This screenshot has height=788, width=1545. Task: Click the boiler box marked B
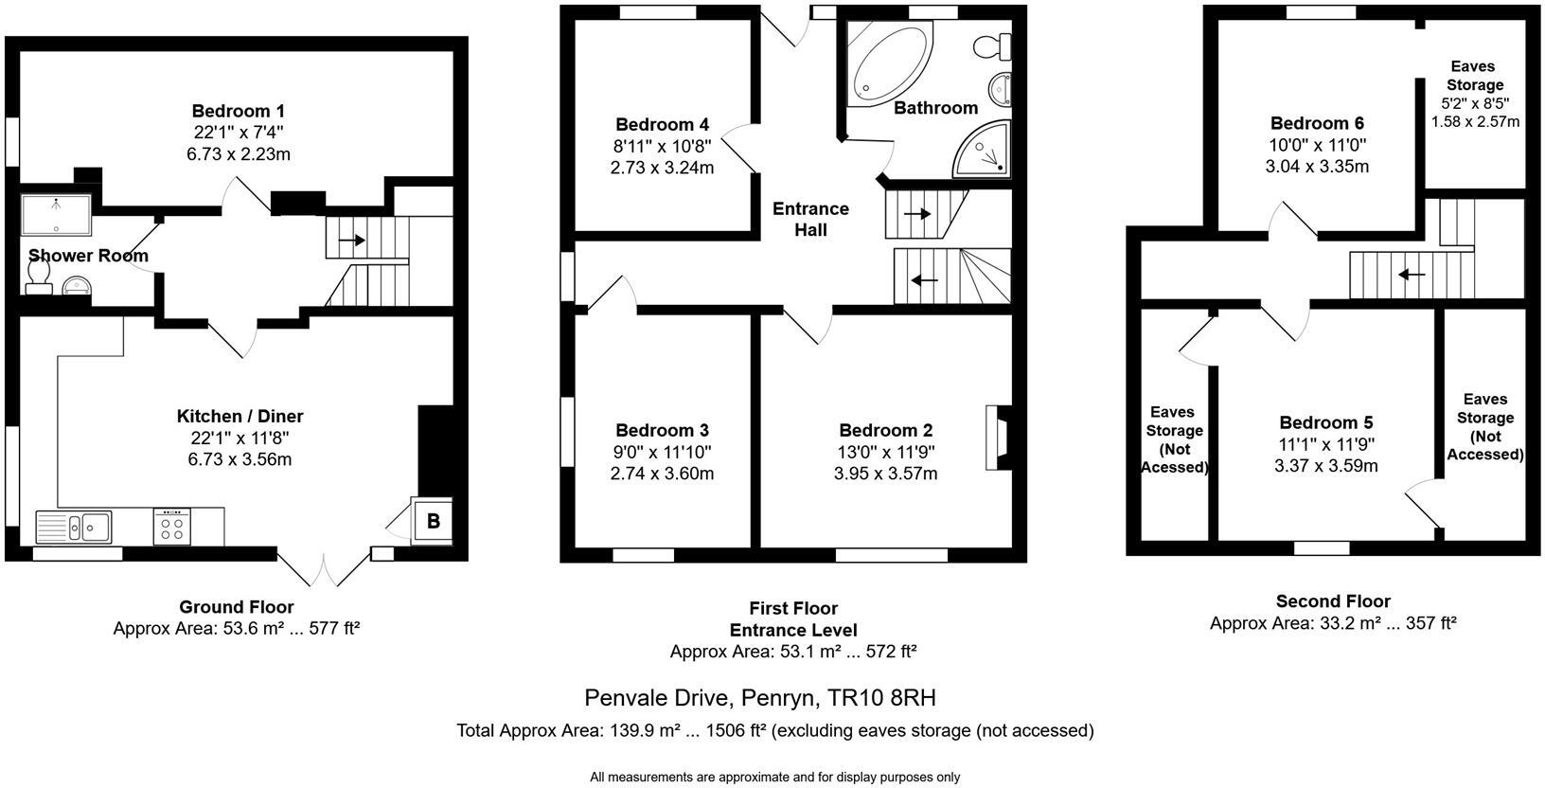point(433,520)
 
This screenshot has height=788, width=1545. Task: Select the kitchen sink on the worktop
point(74,526)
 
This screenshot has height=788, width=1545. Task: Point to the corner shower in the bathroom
point(986,152)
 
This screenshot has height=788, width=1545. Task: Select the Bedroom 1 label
point(238,111)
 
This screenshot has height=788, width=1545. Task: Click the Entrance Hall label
point(810,219)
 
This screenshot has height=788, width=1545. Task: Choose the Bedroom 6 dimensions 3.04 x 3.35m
point(1318,167)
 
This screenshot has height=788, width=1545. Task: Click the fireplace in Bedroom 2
point(998,438)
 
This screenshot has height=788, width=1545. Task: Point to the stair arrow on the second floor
point(1412,275)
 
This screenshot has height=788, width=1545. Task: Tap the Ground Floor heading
point(237,607)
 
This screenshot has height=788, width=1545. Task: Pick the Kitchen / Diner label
point(240,416)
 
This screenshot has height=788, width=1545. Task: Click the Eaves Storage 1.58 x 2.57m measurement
point(1474,122)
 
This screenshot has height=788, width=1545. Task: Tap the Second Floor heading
point(1333,601)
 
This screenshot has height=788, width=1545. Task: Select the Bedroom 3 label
point(662,430)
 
